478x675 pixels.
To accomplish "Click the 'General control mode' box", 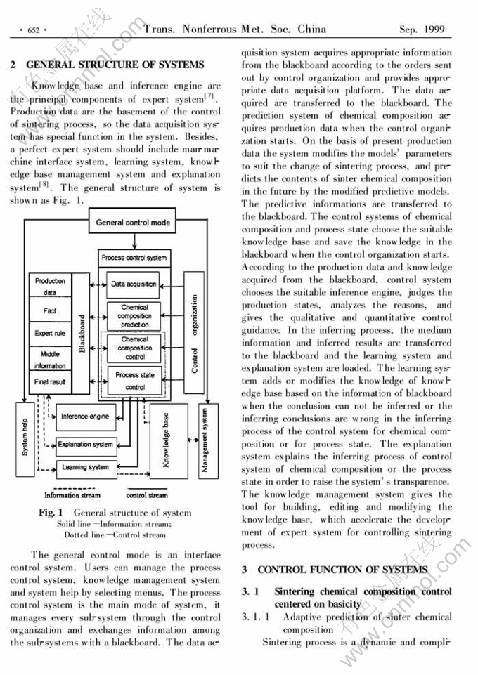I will (133, 223).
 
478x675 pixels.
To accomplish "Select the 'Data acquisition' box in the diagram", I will (134, 284).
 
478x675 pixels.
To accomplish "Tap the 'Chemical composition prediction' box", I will (134, 315).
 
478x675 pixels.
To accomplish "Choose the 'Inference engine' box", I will (84, 417).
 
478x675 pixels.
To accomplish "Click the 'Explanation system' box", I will (85, 444).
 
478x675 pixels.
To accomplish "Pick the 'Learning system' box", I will (85, 467).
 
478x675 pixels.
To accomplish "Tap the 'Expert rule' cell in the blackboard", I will (49, 334).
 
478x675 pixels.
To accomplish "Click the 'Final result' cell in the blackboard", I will (49, 381).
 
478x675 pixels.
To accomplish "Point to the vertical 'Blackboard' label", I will (82, 334).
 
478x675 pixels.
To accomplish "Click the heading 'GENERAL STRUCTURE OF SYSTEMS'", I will (115, 65).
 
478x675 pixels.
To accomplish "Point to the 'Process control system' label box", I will (134, 258).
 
